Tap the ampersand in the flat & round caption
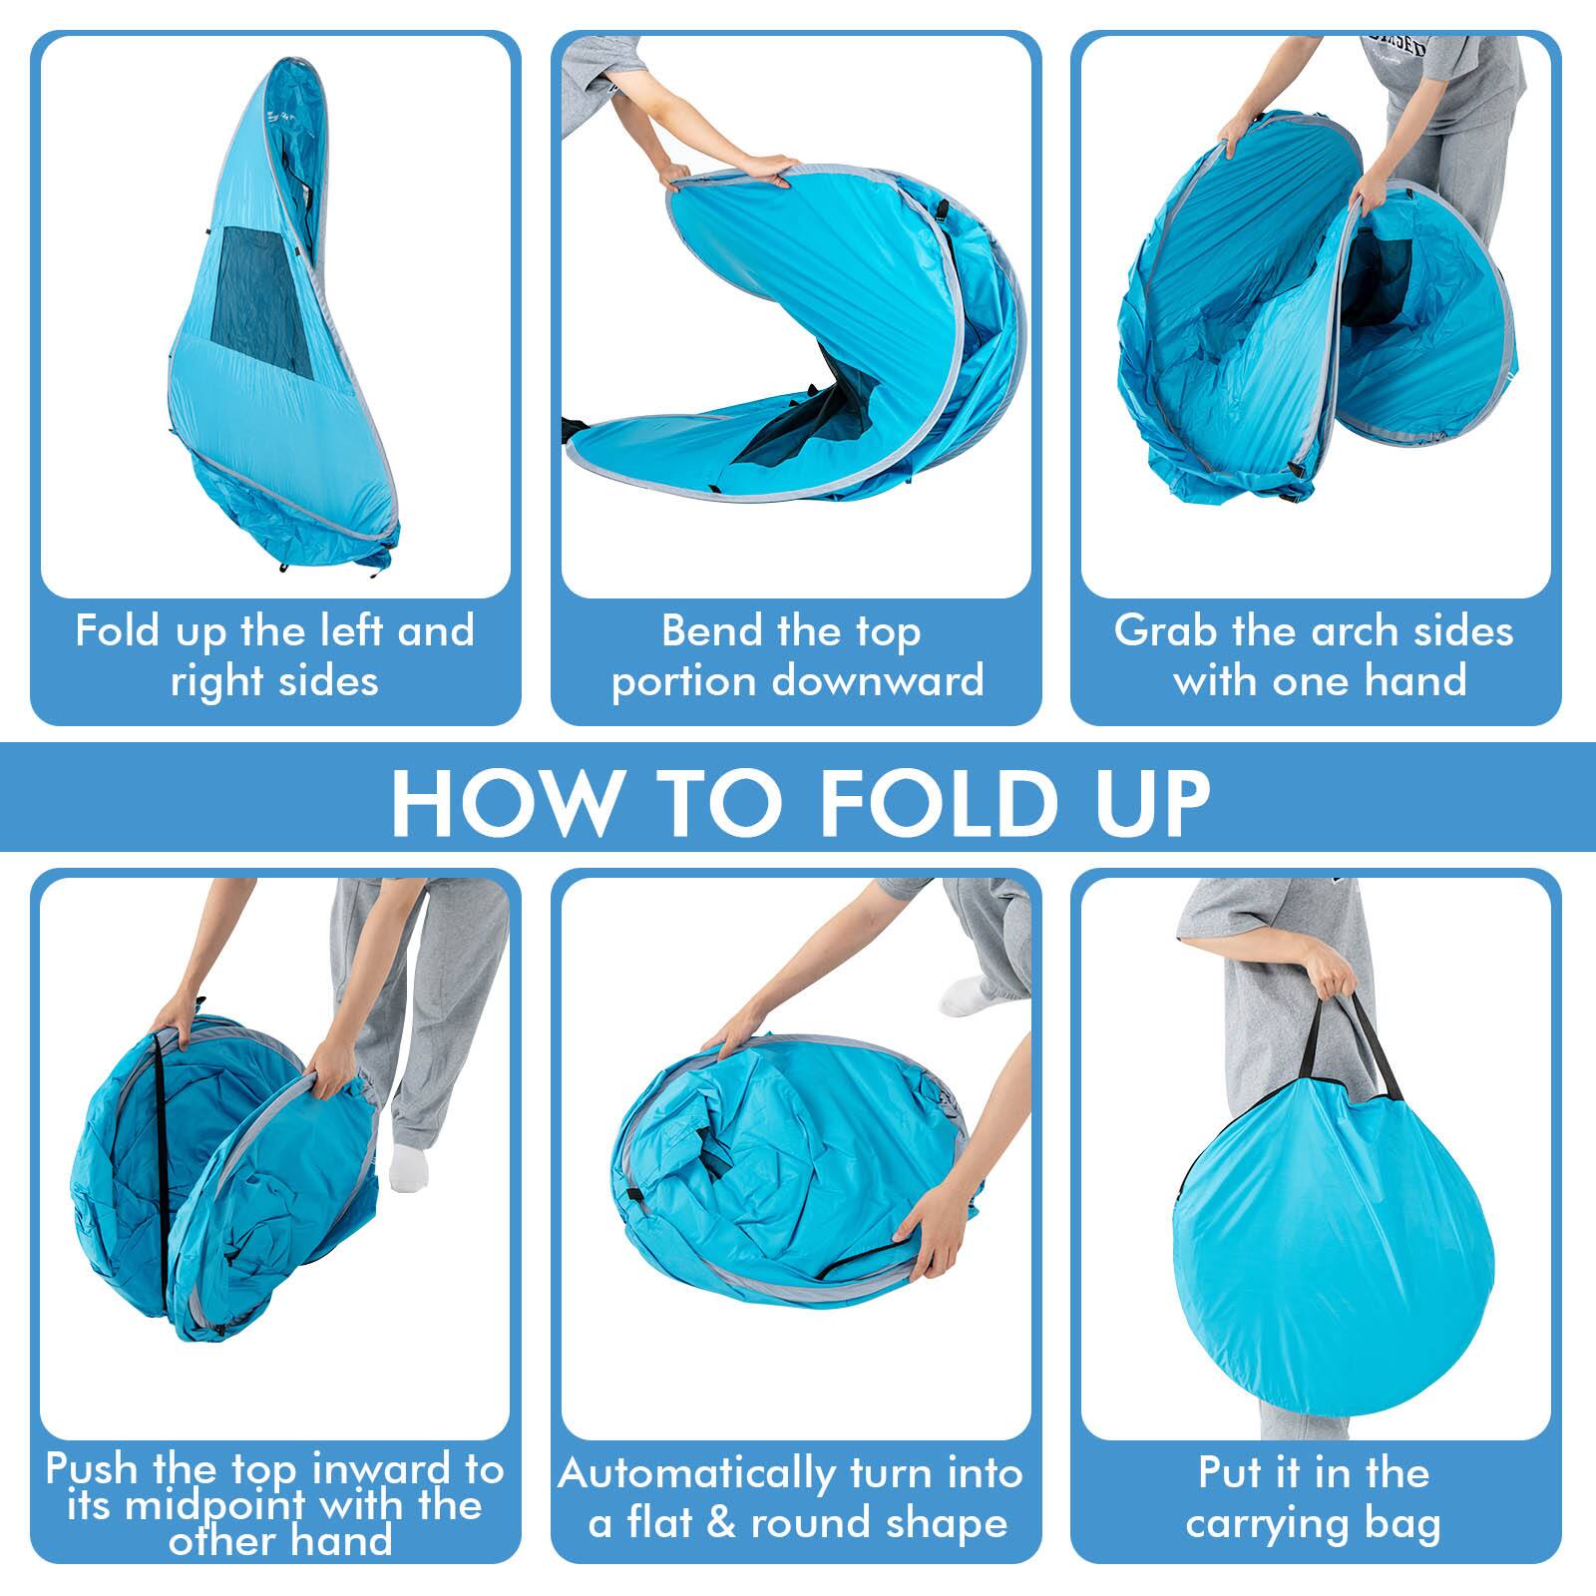pos(720,1522)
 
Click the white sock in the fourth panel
pos(409,1165)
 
